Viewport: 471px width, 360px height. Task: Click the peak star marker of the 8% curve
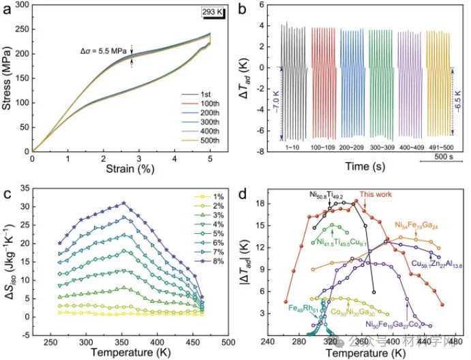123,203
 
